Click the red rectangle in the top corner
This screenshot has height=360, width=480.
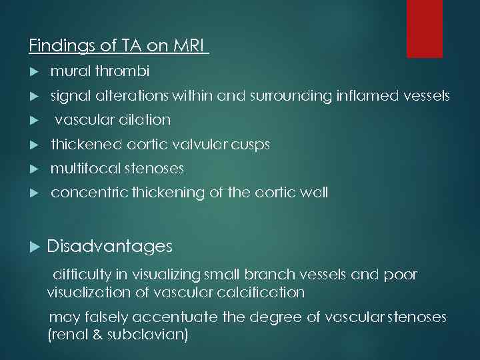[x=425, y=28]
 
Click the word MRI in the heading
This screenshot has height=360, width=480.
[x=190, y=46]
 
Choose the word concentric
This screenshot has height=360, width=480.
[x=89, y=193]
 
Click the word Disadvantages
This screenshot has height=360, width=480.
[x=109, y=247]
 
